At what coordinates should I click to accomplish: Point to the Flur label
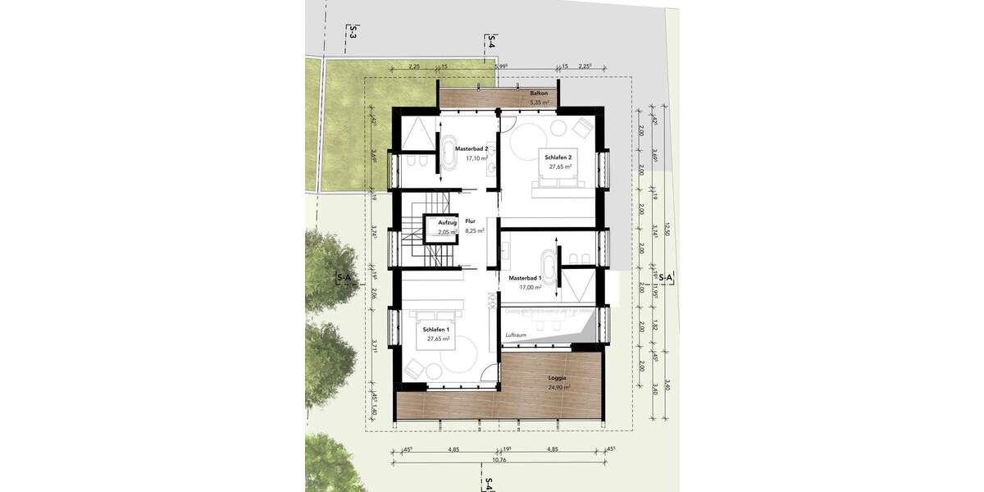(470, 221)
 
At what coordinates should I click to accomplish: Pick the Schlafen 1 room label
(435, 329)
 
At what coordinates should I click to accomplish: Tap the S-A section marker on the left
(344, 279)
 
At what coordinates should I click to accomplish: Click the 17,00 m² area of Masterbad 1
(525, 288)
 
